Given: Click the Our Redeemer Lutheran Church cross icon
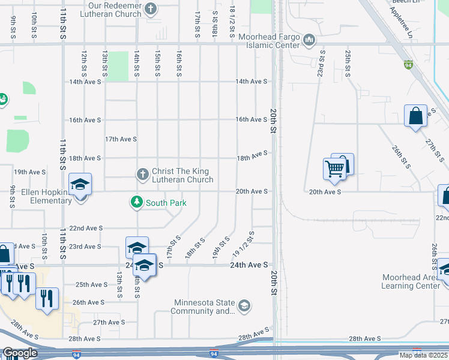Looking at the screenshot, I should tap(151, 9).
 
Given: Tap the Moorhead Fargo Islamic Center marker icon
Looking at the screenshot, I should tap(309, 40).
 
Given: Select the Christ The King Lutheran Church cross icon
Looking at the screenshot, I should tap(142, 175).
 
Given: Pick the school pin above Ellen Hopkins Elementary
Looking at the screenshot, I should tap(80, 185).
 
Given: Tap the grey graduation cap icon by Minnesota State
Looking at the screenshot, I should tap(244, 306).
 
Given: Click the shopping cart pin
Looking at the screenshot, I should tap(334, 168).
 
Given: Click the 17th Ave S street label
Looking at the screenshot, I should tap(121, 139).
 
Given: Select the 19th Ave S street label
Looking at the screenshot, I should tap(30, 172).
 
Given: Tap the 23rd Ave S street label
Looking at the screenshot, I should tap(85, 247).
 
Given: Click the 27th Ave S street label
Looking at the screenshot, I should tap(109, 322).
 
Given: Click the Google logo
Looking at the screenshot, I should tap(19, 353).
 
